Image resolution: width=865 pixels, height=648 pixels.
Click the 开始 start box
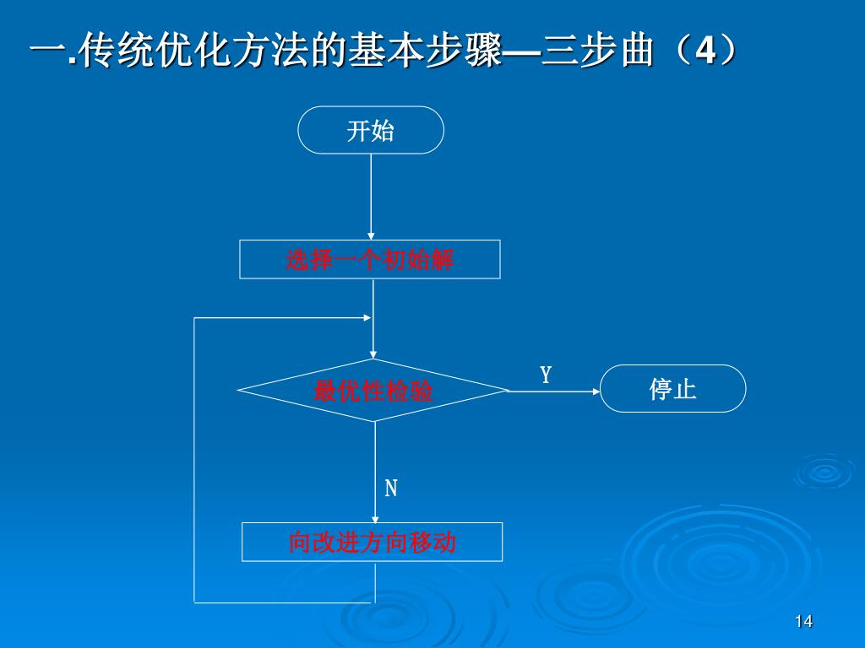(x=371, y=130)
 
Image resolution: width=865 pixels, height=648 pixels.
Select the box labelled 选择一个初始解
(x=370, y=259)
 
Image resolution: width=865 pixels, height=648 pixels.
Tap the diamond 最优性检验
(x=373, y=391)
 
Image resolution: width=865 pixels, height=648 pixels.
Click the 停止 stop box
(x=672, y=389)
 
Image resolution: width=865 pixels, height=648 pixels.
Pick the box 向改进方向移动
(x=372, y=542)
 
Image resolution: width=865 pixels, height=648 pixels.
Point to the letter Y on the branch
(x=546, y=375)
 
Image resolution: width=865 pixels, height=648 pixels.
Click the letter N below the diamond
(x=391, y=489)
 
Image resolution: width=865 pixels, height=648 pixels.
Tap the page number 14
(x=803, y=622)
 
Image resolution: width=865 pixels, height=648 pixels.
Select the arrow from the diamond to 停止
(x=553, y=391)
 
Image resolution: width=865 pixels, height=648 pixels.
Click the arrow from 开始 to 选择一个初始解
(x=371, y=197)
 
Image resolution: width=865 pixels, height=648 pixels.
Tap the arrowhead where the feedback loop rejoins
(x=367, y=318)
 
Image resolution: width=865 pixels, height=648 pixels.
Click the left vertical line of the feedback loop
(x=194, y=460)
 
